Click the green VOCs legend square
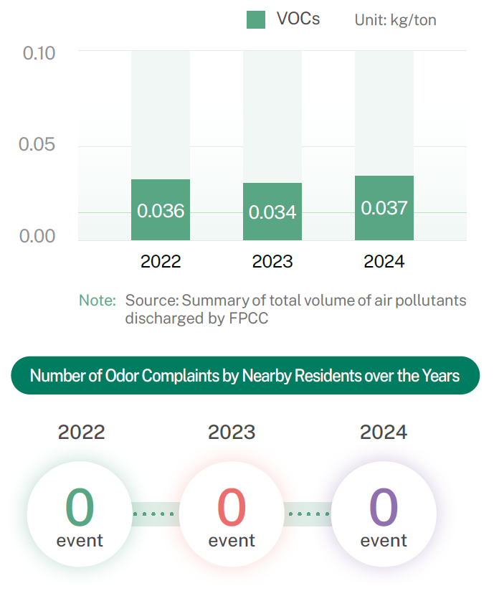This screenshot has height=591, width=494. pyautogui.click(x=256, y=19)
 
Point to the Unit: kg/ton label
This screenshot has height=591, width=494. pyautogui.click(x=395, y=20)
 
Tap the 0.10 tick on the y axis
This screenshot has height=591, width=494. pyautogui.click(x=39, y=53)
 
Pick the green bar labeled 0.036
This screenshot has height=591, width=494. pyautogui.click(x=161, y=210)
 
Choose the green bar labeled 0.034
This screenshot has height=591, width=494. pyautogui.click(x=272, y=212)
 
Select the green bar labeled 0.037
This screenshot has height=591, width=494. pyautogui.click(x=384, y=208)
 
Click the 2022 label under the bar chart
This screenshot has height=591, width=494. pyautogui.click(x=161, y=262)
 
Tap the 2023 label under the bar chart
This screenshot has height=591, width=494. pyautogui.click(x=272, y=262)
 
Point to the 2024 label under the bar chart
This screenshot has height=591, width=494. pyautogui.click(x=384, y=262)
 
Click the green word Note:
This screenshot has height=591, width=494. pyautogui.click(x=97, y=301)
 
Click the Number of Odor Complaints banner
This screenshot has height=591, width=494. pyautogui.click(x=245, y=375)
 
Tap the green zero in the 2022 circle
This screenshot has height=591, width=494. pyautogui.click(x=80, y=506)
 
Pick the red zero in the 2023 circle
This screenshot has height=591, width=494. pyautogui.click(x=232, y=506)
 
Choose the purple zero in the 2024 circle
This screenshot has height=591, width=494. pyautogui.click(x=384, y=506)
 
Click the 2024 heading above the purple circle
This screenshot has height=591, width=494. pyautogui.click(x=384, y=432)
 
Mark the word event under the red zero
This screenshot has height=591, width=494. pyautogui.click(x=232, y=540)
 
